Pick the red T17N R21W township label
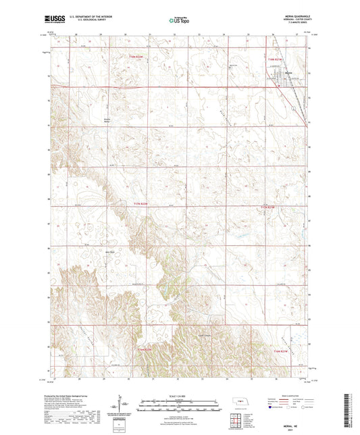point(267,207)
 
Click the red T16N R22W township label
point(145,349)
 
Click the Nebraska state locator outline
point(233,401)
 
